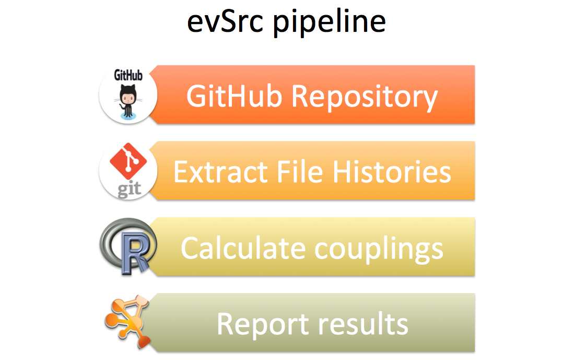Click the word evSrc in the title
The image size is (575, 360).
click(225, 22)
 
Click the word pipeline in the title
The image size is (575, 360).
click(330, 23)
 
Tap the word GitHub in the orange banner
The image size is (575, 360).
click(234, 96)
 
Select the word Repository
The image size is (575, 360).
click(365, 98)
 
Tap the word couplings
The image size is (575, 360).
click(379, 250)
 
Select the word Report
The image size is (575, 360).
click(263, 324)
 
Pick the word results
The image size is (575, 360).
click(362, 323)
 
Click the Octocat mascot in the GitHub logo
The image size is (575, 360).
click(128, 102)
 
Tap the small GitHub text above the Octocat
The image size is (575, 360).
click(128, 75)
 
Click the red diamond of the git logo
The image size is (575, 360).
click(128, 161)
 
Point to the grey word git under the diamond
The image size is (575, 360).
click(129, 189)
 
